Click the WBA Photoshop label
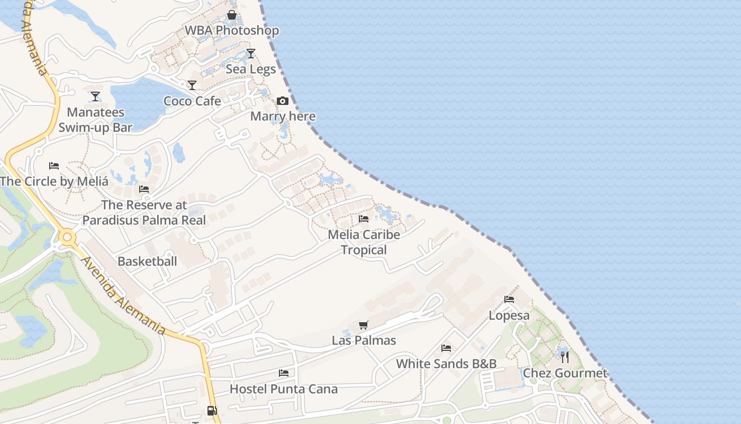231,31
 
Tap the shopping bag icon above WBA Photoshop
231,15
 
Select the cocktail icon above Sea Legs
251,54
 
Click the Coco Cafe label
192,101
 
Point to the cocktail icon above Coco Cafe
192,85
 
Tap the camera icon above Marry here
283,101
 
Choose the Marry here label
283,117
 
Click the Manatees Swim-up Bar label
95,120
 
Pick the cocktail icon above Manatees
95,96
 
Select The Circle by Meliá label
54,181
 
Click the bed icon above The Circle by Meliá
54,166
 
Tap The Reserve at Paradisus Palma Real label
144,212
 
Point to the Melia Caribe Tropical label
364,242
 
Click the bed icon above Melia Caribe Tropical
364,218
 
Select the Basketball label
147,261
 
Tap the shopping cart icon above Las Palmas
364,325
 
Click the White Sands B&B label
446,364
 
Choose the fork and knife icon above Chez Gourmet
565,357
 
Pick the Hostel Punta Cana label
283,389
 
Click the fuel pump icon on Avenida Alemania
212,410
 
